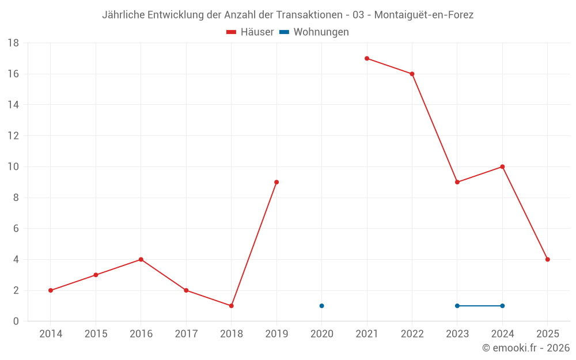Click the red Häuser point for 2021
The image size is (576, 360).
tap(367, 58)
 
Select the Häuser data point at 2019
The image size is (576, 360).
tap(276, 182)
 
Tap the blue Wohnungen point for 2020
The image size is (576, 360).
tap(322, 306)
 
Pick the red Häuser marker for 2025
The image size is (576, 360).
tap(548, 259)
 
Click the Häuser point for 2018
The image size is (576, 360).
tap(232, 306)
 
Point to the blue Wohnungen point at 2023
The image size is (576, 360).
tap(457, 306)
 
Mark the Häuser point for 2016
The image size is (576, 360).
tap(141, 259)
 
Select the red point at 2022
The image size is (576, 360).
tap(412, 74)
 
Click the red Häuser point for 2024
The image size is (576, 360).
tap(502, 167)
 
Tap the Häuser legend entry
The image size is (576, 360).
tap(250, 32)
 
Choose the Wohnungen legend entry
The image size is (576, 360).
tap(314, 32)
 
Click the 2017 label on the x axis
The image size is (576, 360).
tap(186, 334)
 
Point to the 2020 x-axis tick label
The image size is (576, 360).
tap(322, 334)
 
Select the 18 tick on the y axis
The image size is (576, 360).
tap(13, 43)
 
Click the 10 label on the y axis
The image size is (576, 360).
tap(13, 167)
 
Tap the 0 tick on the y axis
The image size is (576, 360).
tap(16, 321)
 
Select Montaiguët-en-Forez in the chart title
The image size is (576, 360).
tap(424, 15)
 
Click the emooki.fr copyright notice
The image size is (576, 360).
tap(526, 347)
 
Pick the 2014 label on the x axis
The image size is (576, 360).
tap(51, 334)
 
